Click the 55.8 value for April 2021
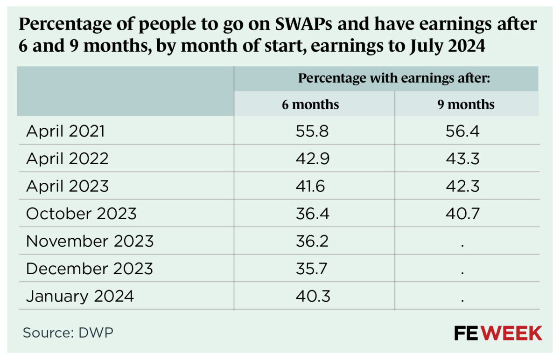[312, 131]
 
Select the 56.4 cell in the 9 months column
[462, 131]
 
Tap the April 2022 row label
[67, 159]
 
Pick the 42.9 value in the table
[312, 159]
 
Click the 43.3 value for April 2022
[462, 159]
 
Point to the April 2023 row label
[67, 186]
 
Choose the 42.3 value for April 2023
[462, 186]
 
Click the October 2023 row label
[81, 214]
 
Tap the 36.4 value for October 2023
[312, 214]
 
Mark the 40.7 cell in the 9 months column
[462, 214]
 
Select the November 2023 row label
[90, 241]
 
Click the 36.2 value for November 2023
[312, 241]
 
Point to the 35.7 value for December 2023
[312, 269]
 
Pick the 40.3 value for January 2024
[312, 296]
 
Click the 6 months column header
[310, 104]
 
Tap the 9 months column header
[466, 104]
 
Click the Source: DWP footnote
[68, 333]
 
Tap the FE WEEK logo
[498, 333]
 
